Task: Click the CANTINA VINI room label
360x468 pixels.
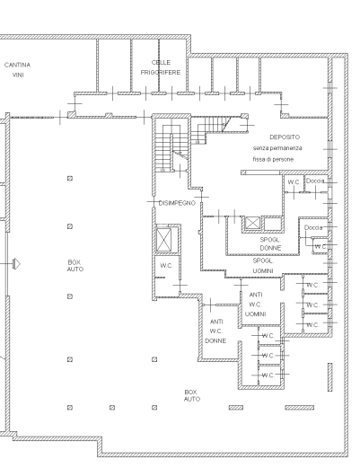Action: (17, 70)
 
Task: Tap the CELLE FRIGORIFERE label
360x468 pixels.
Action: (161, 67)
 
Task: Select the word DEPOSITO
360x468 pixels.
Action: (285, 137)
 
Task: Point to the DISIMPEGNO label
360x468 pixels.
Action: (177, 203)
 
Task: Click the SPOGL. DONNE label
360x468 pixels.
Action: (270, 243)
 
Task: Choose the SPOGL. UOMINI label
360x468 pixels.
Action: (263, 266)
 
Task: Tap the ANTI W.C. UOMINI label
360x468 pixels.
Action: (256, 305)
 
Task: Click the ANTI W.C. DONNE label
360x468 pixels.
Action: (215, 331)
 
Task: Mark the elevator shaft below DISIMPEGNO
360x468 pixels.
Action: (164, 240)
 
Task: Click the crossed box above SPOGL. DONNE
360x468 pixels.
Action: (252, 223)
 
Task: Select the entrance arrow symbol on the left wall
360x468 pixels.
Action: (17, 264)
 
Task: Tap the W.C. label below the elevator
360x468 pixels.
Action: (166, 266)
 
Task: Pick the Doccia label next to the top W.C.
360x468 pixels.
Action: (315, 181)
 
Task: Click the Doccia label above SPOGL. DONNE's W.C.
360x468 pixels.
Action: (313, 227)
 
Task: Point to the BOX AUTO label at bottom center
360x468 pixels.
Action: (192, 395)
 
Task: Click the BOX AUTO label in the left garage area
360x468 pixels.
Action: (75, 266)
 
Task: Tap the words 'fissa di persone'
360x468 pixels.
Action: (273, 159)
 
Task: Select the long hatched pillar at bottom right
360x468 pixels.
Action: (299, 408)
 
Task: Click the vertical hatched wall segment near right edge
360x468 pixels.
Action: (330, 377)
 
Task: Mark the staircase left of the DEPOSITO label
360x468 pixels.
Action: (172, 146)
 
